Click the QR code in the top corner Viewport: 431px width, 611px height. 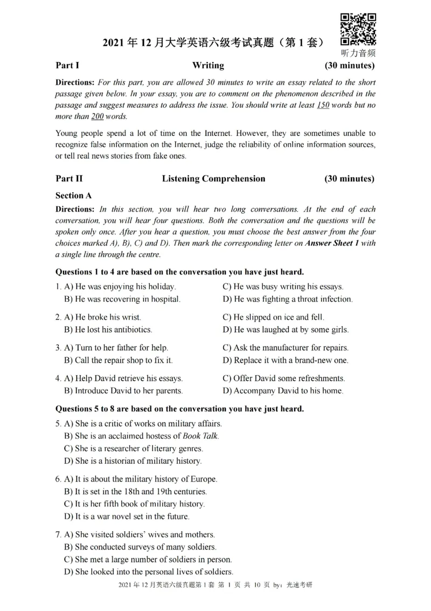click(x=358, y=29)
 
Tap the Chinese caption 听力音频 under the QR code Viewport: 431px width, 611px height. click(x=358, y=53)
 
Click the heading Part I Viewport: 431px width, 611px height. click(x=67, y=65)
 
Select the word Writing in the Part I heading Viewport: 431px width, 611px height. click(x=208, y=65)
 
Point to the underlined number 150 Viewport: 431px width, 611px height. click(x=323, y=105)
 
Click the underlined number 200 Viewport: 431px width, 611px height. click(x=97, y=116)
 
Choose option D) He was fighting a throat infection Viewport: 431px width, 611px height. click(x=288, y=299)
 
